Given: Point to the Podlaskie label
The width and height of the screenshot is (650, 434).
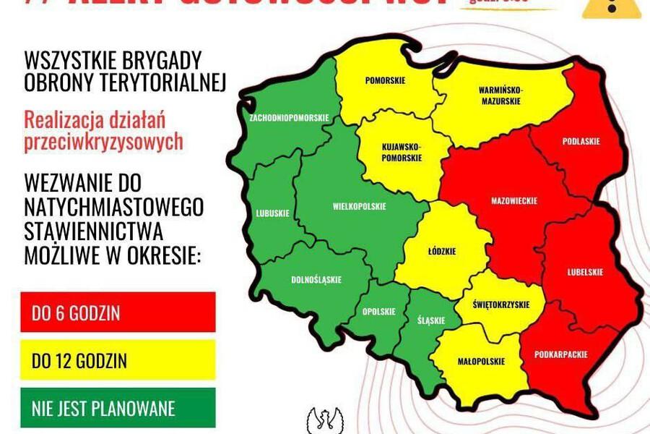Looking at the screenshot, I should point(581,142).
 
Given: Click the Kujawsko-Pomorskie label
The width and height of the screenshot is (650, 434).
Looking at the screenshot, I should point(402,151).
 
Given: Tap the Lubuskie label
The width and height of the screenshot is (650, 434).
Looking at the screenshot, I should point(272,213).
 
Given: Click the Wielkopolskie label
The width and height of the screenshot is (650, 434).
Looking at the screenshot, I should point(359,206).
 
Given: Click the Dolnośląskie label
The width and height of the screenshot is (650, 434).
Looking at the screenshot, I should point(316,279).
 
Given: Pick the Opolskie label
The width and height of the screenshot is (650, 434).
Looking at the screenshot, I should point(379,312).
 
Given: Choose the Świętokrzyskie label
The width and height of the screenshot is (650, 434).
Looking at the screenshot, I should point(498,305).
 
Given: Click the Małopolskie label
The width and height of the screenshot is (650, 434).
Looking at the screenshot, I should point(481,362).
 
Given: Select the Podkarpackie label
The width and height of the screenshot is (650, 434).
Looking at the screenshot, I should point(560,354).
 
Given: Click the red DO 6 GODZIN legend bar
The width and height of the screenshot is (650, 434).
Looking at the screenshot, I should point(118,312).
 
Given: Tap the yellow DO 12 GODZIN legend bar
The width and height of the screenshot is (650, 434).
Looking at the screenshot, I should point(118,360).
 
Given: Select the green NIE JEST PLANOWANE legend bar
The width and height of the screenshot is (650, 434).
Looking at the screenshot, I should point(118,408).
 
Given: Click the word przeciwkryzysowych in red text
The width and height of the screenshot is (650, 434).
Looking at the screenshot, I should point(103,142).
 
